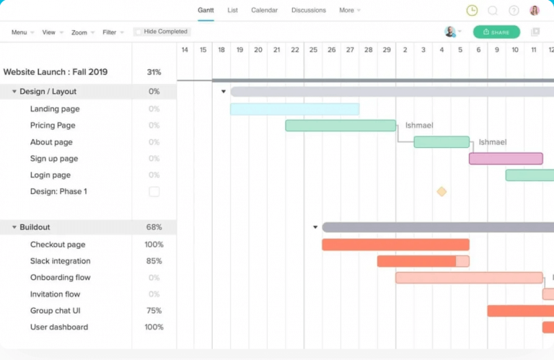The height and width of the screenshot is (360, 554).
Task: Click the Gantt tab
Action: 206,10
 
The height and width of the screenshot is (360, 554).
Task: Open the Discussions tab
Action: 308,10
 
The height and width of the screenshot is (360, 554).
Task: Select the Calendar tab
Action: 264,10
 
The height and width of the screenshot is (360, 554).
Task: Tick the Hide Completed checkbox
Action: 138,32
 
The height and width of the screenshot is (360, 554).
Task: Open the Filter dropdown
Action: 113,32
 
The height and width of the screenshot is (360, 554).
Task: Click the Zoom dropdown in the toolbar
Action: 82,32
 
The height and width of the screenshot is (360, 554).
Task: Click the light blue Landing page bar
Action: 294,109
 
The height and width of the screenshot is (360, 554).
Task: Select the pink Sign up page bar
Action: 506,159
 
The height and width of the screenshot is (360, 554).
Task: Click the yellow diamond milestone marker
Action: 441,191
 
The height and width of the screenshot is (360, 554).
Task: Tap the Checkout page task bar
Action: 395,245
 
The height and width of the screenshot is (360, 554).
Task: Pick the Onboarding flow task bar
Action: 469,278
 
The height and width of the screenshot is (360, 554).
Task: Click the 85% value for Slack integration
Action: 154,261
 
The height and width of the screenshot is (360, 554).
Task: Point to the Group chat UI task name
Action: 55,311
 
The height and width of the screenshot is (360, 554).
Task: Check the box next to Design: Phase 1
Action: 154,192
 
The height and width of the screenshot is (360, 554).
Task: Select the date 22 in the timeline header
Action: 295,50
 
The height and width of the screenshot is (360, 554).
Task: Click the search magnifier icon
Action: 493,10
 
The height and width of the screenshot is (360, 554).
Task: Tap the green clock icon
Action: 472,10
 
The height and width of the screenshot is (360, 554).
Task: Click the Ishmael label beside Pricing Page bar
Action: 419,126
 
